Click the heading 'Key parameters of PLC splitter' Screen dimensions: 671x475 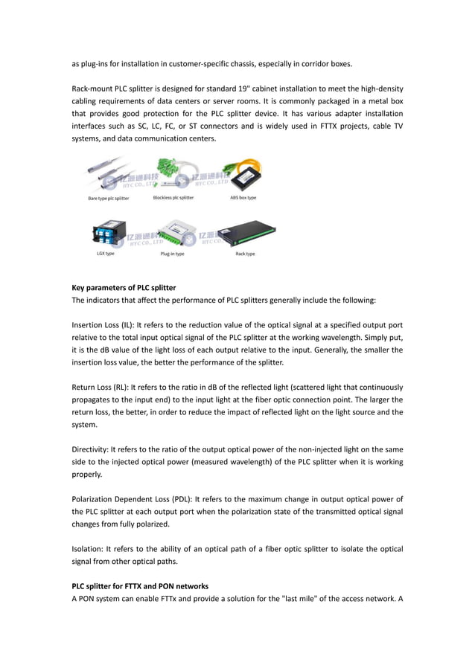[x=124, y=287]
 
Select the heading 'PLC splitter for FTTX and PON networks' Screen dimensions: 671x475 [x=140, y=586]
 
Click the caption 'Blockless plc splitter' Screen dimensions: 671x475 [x=173, y=198]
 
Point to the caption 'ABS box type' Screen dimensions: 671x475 [x=243, y=198]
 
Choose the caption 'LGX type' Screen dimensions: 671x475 [x=104, y=254]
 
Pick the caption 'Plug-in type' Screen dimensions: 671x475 [x=173, y=254]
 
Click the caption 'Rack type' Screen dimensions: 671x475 [x=245, y=254]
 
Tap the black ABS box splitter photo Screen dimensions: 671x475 [x=245, y=176]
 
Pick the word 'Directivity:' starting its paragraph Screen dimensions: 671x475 [x=91, y=450]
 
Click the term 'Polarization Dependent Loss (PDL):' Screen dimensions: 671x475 [x=128, y=498]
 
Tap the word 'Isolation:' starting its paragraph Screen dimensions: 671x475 [x=89, y=549]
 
